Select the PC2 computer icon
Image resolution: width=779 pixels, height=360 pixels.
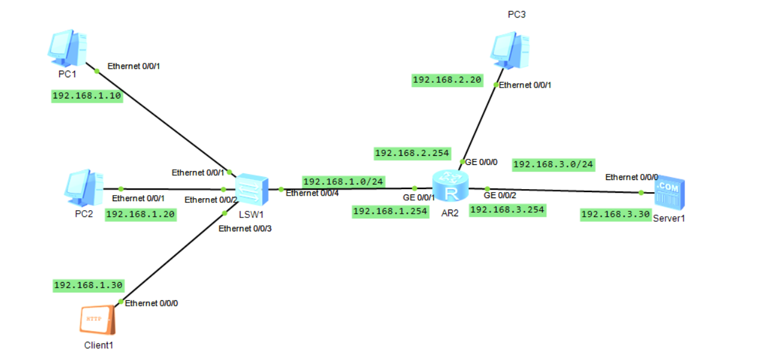coord(83,187)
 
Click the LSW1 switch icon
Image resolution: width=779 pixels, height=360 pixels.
coord(251,190)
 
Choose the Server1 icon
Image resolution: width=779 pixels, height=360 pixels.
coord(669,194)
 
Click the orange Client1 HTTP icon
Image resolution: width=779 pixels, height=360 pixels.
coord(97,320)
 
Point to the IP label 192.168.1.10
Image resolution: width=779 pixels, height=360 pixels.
coord(88,96)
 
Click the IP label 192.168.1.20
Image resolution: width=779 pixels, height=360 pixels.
coord(141,214)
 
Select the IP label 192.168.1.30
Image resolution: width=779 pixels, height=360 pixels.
coord(88,285)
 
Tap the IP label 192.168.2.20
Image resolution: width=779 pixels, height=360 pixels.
coord(448,80)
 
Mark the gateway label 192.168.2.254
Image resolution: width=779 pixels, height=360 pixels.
coord(412,153)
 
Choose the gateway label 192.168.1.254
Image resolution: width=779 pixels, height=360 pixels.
coord(390,211)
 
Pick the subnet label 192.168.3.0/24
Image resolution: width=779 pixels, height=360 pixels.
coord(554,164)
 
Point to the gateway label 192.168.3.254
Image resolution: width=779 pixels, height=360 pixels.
coord(508,210)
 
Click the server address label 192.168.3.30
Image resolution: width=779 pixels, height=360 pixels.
coord(615,214)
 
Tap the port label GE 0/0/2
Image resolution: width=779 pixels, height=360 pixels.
coord(500,195)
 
